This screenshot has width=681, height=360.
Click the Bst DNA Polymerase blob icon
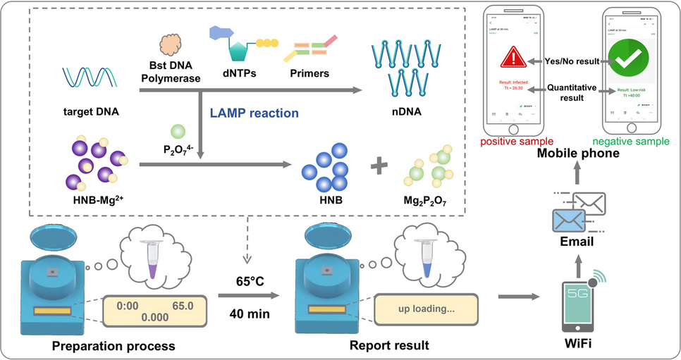[x=172, y=46]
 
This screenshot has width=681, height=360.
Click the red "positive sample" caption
[x=517, y=142]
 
